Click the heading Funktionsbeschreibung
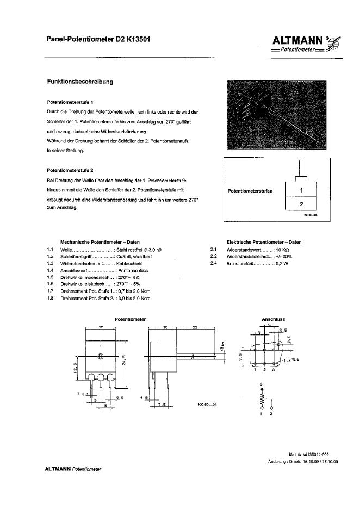tap(80, 82)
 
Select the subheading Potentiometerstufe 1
tap(70, 102)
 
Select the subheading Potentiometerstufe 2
tap(70, 170)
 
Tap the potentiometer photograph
tap(278, 115)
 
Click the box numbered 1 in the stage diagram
tap(301, 191)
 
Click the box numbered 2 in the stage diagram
tap(301, 205)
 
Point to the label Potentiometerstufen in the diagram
tap(250, 191)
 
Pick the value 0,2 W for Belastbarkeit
tap(283, 263)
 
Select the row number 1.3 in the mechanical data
tap(49, 263)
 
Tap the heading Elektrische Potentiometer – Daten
tap(264, 242)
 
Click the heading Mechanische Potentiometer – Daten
tap(100, 242)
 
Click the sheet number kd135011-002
tap(320, 455)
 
